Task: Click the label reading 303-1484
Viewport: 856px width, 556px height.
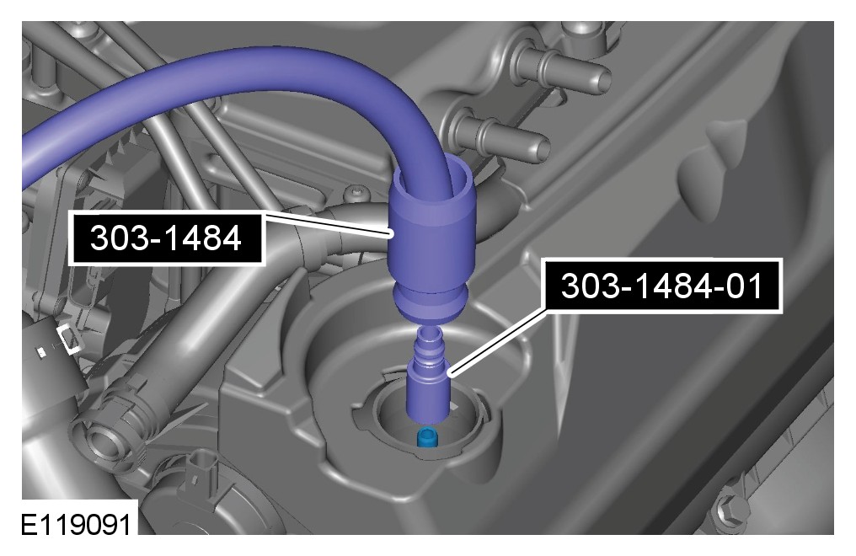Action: point(166,238)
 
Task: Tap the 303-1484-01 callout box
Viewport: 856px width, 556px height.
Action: point(661,286)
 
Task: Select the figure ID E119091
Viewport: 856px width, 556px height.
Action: point(77,525)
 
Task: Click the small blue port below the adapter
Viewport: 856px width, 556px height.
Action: point(427,436)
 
